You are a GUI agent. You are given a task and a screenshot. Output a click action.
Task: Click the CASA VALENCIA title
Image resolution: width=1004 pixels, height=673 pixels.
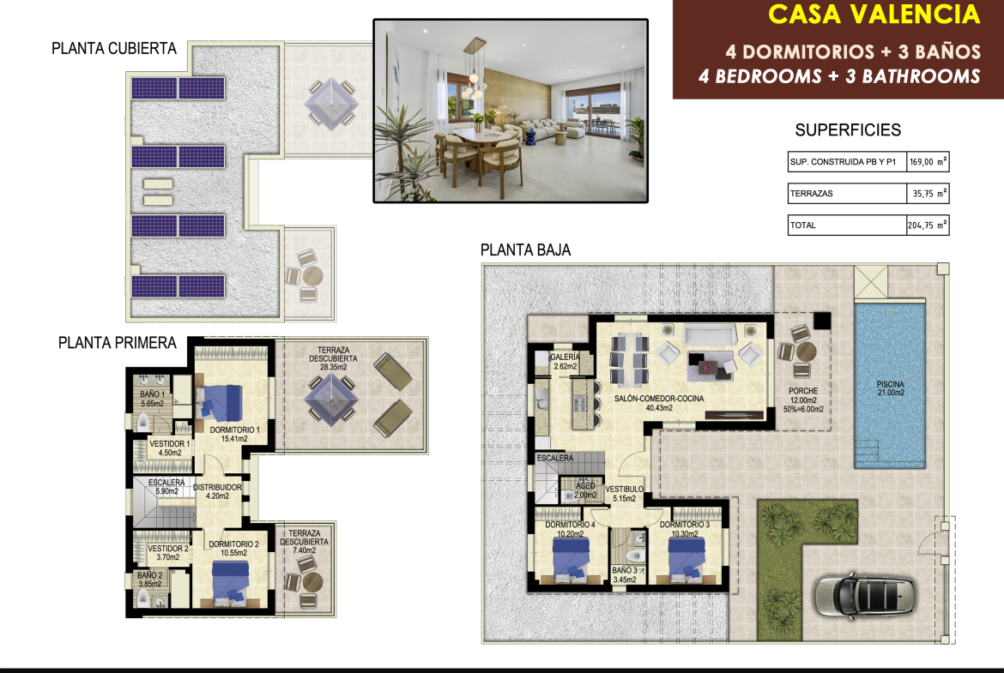pyautogui.click(x=874, y=14)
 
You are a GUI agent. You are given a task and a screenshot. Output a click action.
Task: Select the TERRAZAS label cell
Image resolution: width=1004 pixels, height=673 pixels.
pyautogui.click(x=847, y=193)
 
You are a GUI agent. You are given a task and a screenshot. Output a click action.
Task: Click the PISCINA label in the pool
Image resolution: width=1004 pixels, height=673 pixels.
pyautogui.click(x=891, y=388)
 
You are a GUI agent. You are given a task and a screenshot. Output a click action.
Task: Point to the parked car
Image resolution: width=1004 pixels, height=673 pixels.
pyautogui.click(x=864, y=596)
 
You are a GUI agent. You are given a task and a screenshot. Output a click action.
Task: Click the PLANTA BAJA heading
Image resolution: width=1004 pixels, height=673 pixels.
pyautogui.click(x=526, y=250)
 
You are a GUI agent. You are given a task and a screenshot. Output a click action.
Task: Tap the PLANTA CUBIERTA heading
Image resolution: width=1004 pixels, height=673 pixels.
pyautogui.click(x=114, y=49)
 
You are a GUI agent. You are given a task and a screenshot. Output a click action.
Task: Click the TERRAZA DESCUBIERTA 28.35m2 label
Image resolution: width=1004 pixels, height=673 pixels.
pyautogui.click(x=333, y=359)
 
